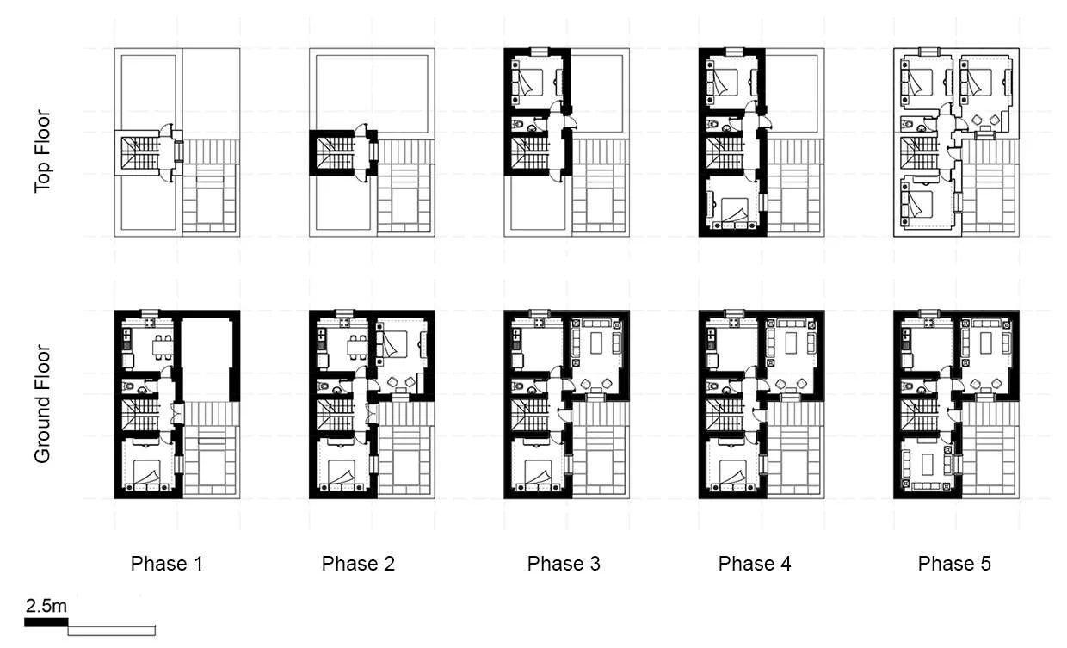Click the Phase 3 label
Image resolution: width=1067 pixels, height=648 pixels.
(x=564, y=564)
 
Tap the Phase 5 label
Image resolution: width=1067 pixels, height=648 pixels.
(x=954, y=564)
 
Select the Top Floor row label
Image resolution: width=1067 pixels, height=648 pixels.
(x=43, y=151)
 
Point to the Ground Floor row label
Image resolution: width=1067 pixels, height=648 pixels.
(x=43, y=404)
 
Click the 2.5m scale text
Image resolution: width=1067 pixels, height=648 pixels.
(x=46, y=606)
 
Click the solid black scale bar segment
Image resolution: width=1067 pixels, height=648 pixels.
(x=46, y=622)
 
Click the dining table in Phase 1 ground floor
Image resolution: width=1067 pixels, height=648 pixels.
(x=160, y=348)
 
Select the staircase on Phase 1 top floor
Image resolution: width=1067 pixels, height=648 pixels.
(x=138, y=154)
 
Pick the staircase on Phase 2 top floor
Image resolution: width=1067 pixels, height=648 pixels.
(x=333, y=154)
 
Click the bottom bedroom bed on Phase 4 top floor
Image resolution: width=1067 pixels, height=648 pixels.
(x=732, y=210)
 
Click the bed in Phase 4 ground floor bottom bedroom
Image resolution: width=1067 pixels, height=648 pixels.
(x=732, y=472)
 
